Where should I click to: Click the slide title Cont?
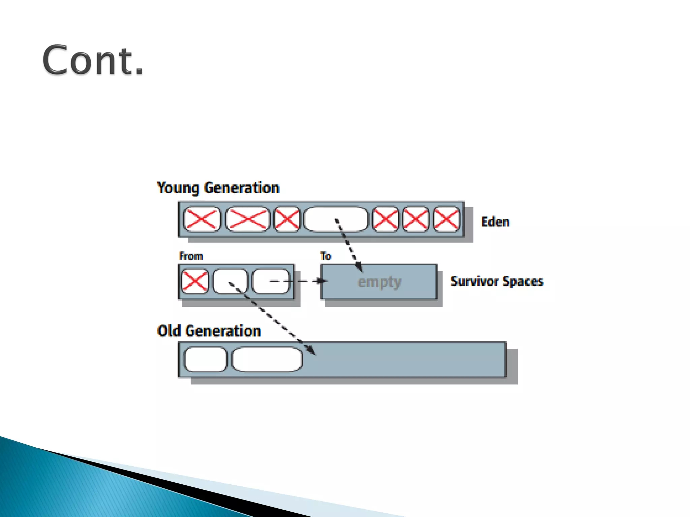(x=93, y=60)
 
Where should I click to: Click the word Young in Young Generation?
(x=178, y=188)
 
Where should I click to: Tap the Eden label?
(x=495, y=222)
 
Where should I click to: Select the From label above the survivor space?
(x=191, y=256)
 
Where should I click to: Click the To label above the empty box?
(x=326, y=256)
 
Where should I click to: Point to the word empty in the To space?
(x=379, y=282)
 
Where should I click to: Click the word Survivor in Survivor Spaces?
(x=475, y=281)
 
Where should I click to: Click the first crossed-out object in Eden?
(x=202, y=219)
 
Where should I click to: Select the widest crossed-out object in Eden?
(x=248, y=219)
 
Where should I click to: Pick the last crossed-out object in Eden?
(x=446, y=219)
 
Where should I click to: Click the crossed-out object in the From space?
(x=195, y=281)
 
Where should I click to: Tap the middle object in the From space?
(x=230, y=281)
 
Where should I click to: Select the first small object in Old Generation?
(x=206, y=359)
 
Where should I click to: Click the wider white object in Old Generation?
(x=267, y=359)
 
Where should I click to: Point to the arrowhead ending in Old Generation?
(x=313, y=352)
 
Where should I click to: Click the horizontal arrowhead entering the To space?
(x=322, y=281)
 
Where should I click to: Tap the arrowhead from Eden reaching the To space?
(x=360, y=269)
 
